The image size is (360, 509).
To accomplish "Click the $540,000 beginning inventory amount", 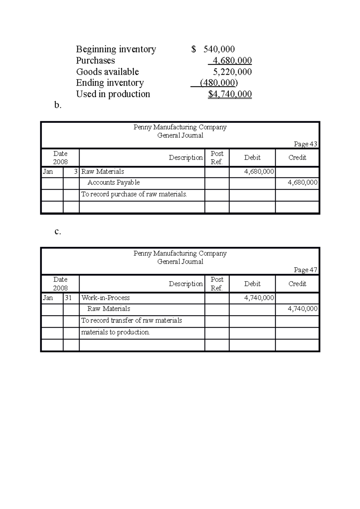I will click(213, 49).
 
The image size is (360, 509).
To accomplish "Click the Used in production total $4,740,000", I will click(230, 94).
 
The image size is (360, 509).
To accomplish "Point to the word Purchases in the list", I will click(95, 61).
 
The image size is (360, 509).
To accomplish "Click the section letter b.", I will click(58, 105).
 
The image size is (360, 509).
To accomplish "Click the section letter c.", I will click(58, 231).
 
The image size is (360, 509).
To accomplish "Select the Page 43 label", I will click(305, 144).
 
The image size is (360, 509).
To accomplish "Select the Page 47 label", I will click(305, 270).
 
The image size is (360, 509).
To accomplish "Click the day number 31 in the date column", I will click(68, 298).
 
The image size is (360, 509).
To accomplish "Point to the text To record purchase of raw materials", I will click(134, 195).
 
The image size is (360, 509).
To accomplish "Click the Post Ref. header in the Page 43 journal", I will click(217, 158).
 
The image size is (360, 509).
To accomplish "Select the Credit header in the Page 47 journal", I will click(297, 284).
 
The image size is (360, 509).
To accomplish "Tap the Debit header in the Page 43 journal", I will click(252, 158).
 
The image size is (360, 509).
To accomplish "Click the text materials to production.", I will click(115, 332).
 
